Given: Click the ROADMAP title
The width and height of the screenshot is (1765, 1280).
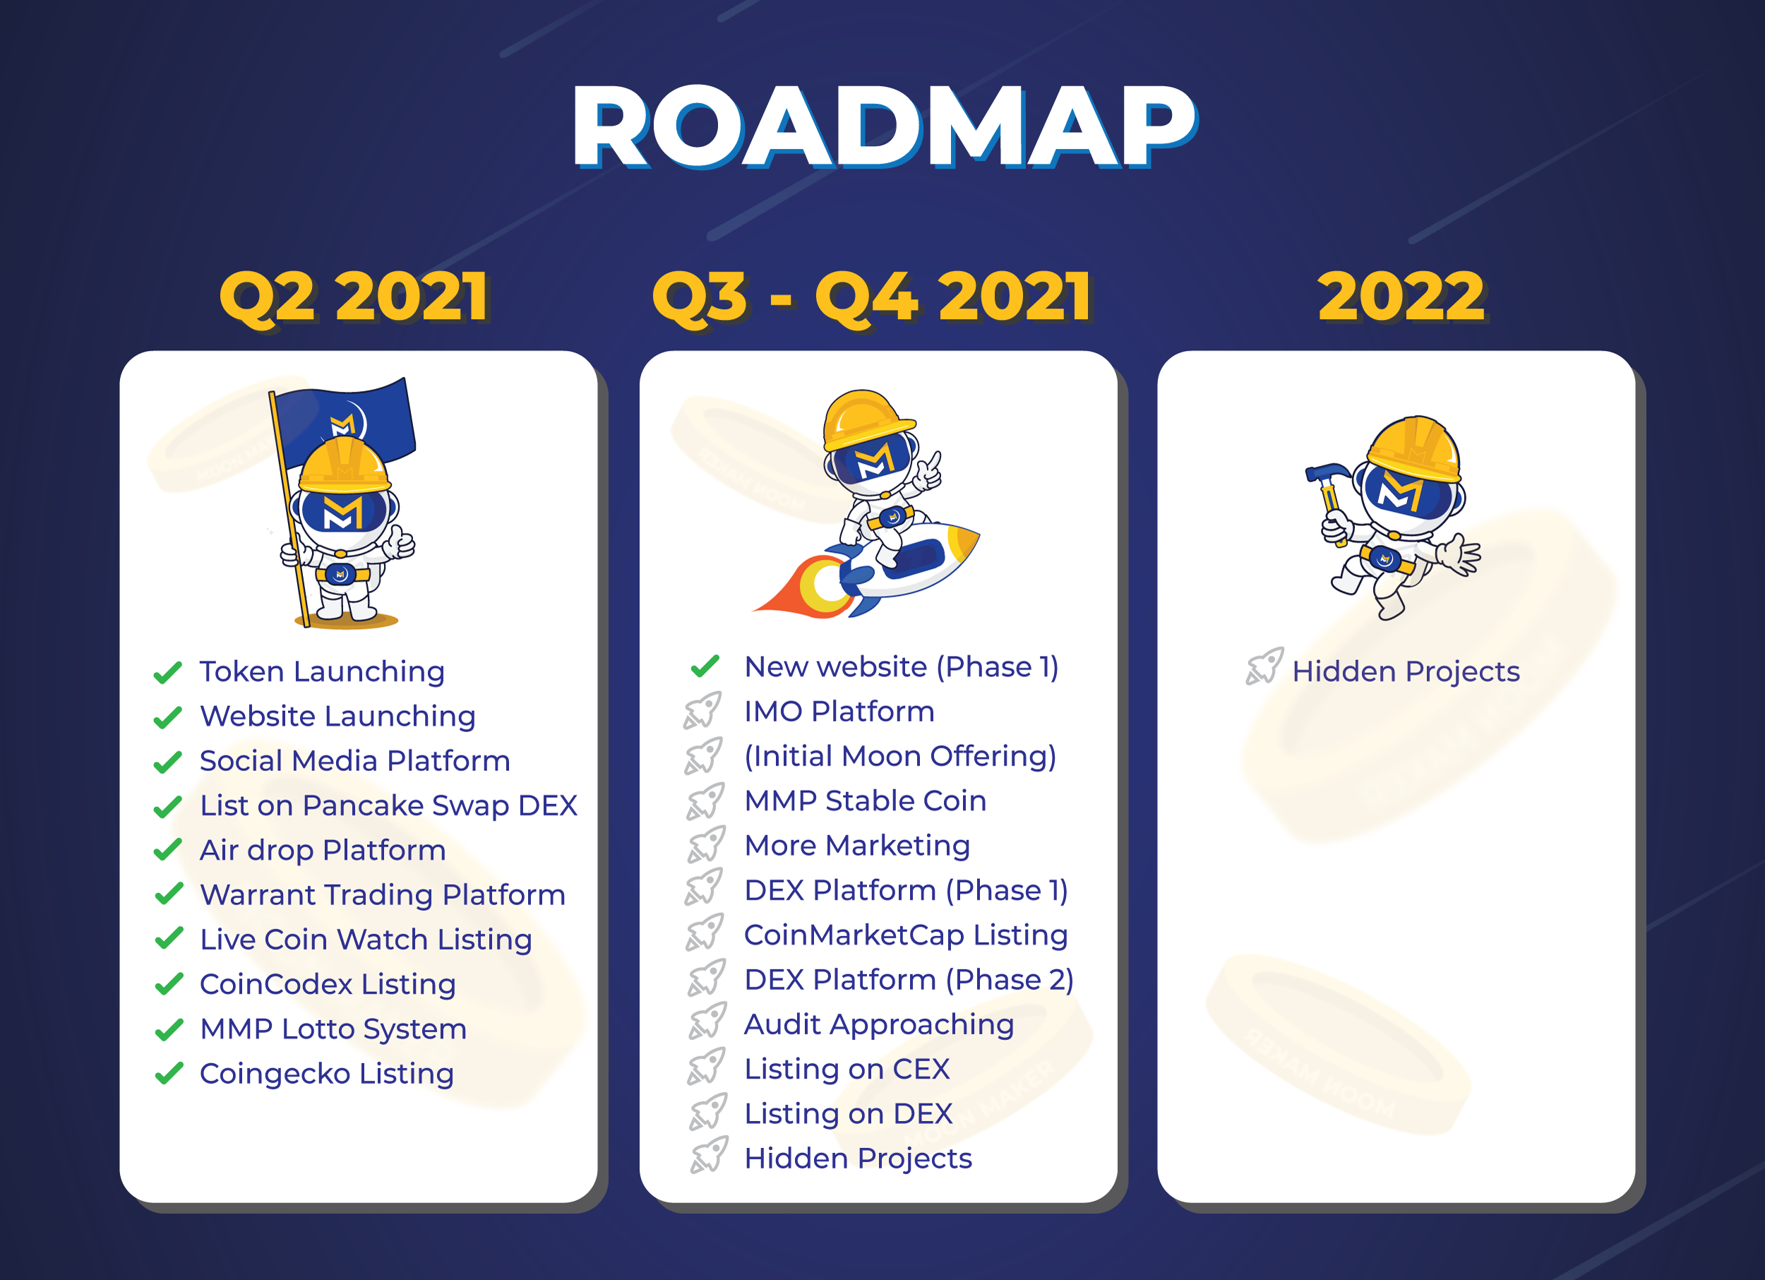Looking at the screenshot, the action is (884, 127).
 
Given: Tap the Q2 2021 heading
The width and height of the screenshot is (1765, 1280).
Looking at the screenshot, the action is (355, 297).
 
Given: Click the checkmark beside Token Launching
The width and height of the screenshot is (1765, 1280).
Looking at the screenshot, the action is (168, 671).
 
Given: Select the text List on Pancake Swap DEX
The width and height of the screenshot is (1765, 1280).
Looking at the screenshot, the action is (388, 806).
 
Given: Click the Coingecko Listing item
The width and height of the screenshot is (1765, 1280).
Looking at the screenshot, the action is (327, 1074).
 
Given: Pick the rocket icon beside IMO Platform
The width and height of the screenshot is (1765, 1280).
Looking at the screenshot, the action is (702, 710).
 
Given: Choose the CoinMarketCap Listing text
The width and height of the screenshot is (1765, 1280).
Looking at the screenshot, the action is (906, 935).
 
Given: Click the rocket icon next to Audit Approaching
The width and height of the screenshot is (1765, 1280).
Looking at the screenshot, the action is (707, 1021).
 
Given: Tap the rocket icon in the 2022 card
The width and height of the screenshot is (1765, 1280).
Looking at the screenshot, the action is (1264, 666).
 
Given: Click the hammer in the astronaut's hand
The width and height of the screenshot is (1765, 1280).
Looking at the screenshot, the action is (1329, 498).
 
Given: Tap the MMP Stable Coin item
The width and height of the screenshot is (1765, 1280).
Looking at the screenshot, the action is (866, 801).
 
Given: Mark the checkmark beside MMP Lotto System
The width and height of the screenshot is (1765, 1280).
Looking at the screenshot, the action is (169, 1029).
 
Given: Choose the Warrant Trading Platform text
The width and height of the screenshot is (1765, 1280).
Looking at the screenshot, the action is (383, 895).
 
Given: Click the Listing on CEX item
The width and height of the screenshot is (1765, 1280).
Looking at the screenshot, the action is (847, 1069).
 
